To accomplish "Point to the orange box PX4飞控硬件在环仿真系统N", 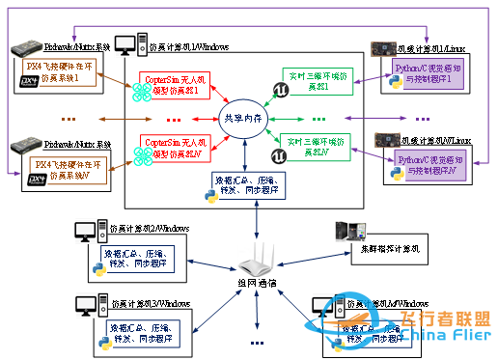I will [63, 167].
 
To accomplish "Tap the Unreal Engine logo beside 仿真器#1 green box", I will [279, 89].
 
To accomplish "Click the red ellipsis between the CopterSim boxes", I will [174, 119].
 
